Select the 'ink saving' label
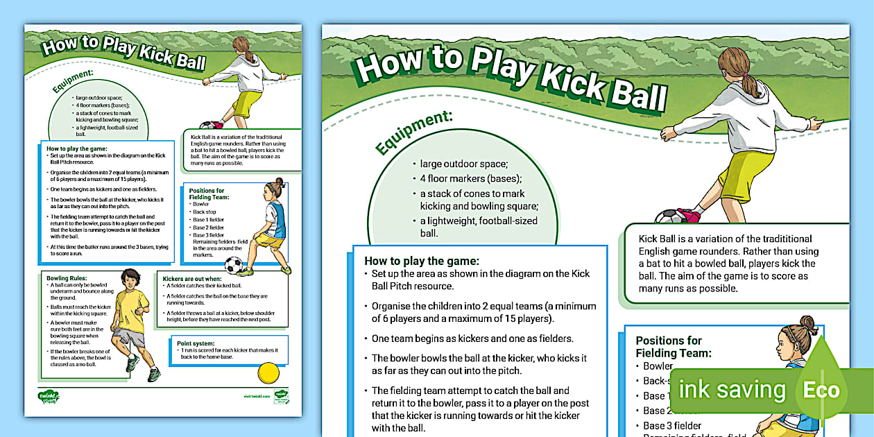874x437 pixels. (732, 389)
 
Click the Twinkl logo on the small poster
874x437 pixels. (48, 397)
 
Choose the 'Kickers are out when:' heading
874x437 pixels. (191, 278)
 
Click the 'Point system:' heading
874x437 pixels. (196, 343)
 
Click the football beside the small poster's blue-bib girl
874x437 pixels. (234, 265)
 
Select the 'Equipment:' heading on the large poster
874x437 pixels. (413, 131)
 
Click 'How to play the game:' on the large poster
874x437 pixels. (422, 262)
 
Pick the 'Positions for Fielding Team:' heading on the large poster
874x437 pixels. (673, 346)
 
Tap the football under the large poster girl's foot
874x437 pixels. (669, 217)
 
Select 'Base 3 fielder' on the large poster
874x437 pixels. (671, 425)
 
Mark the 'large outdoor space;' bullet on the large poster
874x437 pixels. (463, 164)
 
